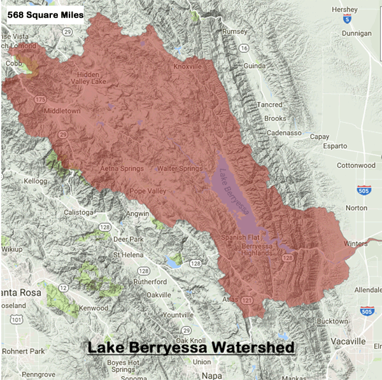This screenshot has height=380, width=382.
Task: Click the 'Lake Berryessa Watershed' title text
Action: tap(190, 348)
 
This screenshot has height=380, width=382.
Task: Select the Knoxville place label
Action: tap(188, 66)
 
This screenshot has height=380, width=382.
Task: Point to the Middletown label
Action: tap(62, 111)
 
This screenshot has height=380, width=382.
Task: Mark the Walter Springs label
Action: tap(180, 169)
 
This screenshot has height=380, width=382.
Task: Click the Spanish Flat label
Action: tap(239, 237)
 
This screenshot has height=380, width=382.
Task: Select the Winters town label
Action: tap(355, 243)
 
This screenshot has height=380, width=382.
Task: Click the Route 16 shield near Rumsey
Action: tap(243, 48)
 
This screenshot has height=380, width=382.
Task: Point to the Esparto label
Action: tap(334, 146)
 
